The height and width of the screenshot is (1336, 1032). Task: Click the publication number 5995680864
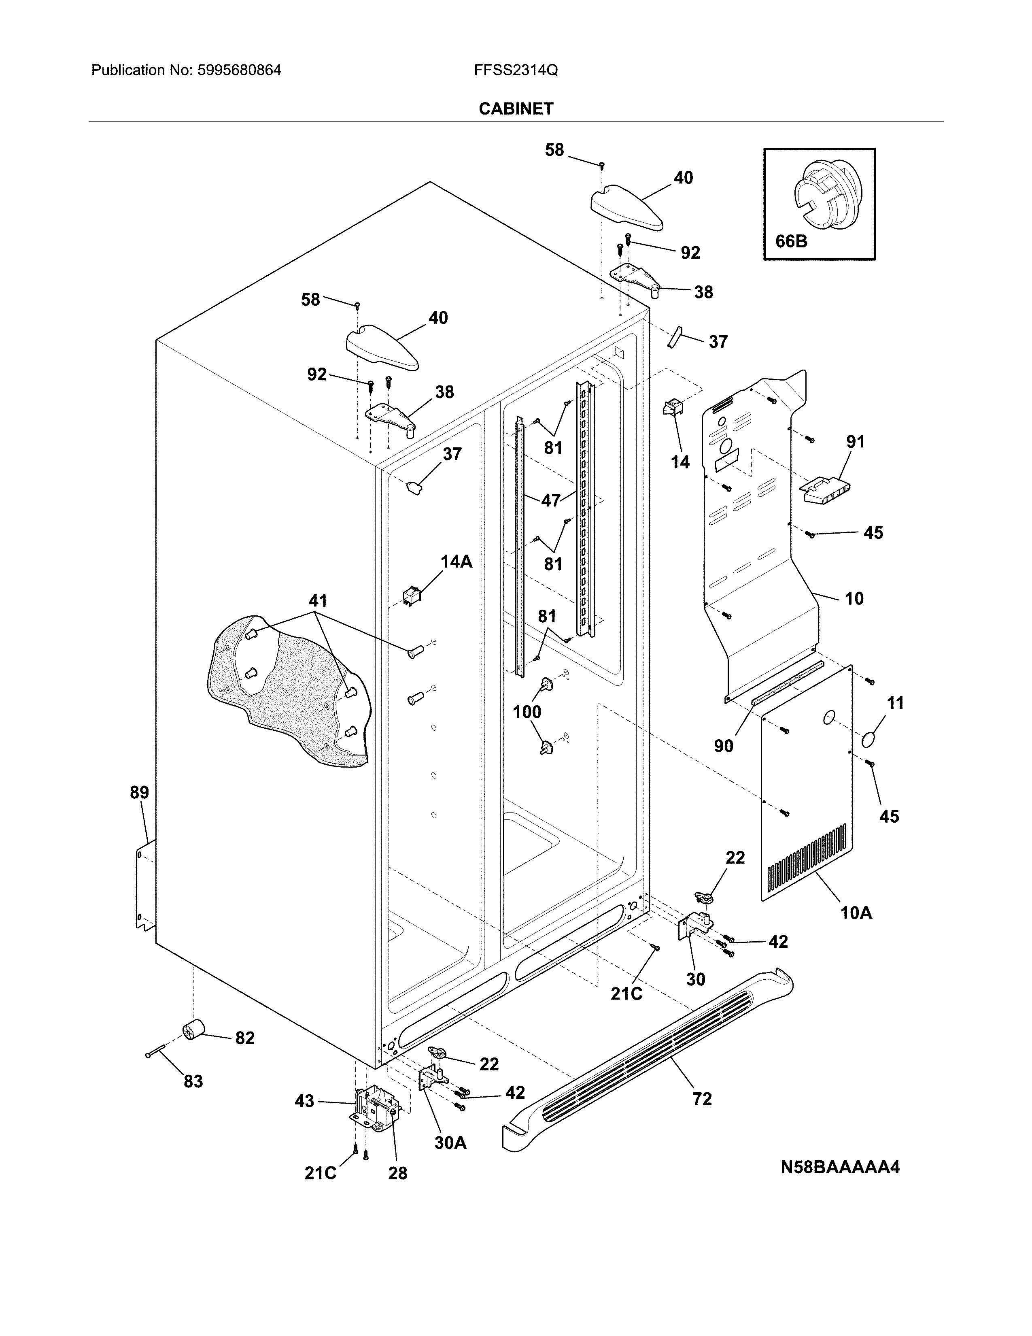point(239,70)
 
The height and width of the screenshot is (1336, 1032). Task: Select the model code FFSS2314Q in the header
point(515,70)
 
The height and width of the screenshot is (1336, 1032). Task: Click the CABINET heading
point(515,109)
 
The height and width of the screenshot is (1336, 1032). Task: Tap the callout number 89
point(139,793)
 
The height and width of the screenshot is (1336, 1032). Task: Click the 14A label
point(457,562)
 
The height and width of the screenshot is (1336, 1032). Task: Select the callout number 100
point(527,712)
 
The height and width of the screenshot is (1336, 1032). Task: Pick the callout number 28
point(397,1173)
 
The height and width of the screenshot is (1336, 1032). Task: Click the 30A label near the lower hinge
point(450,1143)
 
